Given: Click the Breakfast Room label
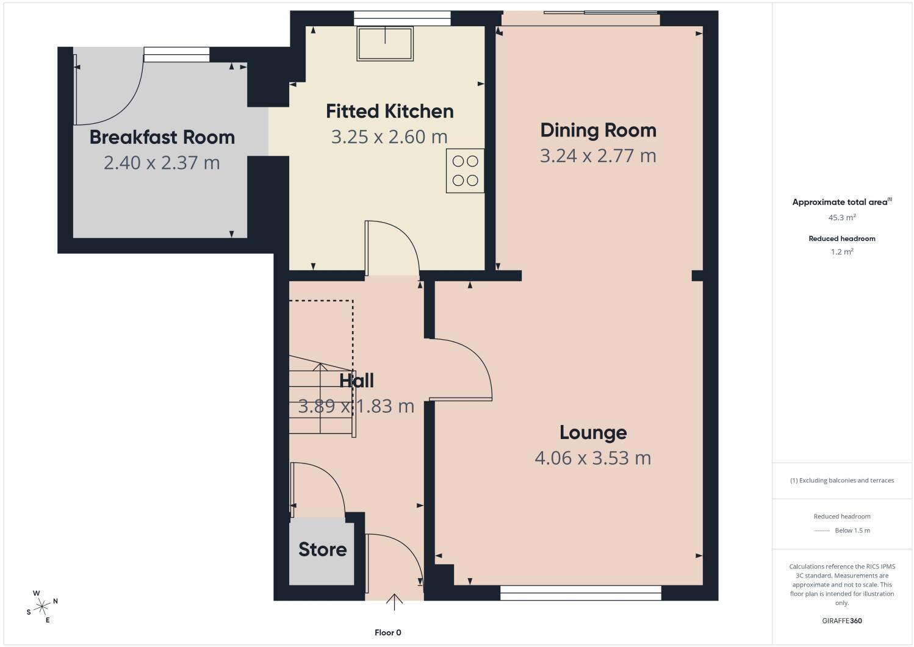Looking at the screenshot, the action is coord(162,137).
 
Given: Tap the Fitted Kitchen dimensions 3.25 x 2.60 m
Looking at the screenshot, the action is coord(389,137).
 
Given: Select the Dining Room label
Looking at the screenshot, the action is coord(598,130).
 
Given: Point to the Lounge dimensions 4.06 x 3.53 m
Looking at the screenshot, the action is coord(593,458).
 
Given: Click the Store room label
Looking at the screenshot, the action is coord(322,549).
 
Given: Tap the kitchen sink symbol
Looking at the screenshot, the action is coord(385,44).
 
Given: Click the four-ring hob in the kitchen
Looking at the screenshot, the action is coord(465,171).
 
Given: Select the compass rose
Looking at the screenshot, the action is coord(42,607).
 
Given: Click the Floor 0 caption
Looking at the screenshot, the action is coord(388,632).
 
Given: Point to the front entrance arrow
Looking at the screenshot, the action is coord(394,602).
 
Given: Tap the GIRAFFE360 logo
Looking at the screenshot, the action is coord(842,621).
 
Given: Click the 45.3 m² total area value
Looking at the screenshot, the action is coord(842,217).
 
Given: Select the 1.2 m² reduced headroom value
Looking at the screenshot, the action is coord(842,251).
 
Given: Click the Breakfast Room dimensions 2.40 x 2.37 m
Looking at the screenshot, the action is coord(162,163).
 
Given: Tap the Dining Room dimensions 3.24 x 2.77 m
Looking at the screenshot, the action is coord(598,155).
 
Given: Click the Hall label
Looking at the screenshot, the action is coord(356,381).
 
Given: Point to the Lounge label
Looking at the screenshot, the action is coord(593,433).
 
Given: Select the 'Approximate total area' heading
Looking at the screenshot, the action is coord(842,202).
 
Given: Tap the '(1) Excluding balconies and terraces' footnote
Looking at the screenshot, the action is coord(842,481).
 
